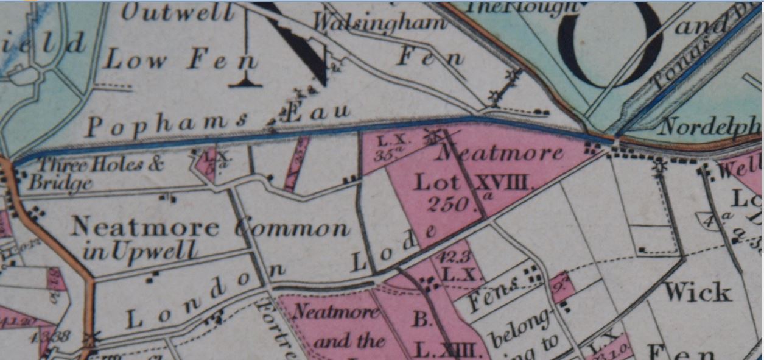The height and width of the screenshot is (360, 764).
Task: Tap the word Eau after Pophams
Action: point(316,112)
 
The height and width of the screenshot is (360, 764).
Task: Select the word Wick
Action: point(698,292)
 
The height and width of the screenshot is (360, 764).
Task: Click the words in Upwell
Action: point(140,250)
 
